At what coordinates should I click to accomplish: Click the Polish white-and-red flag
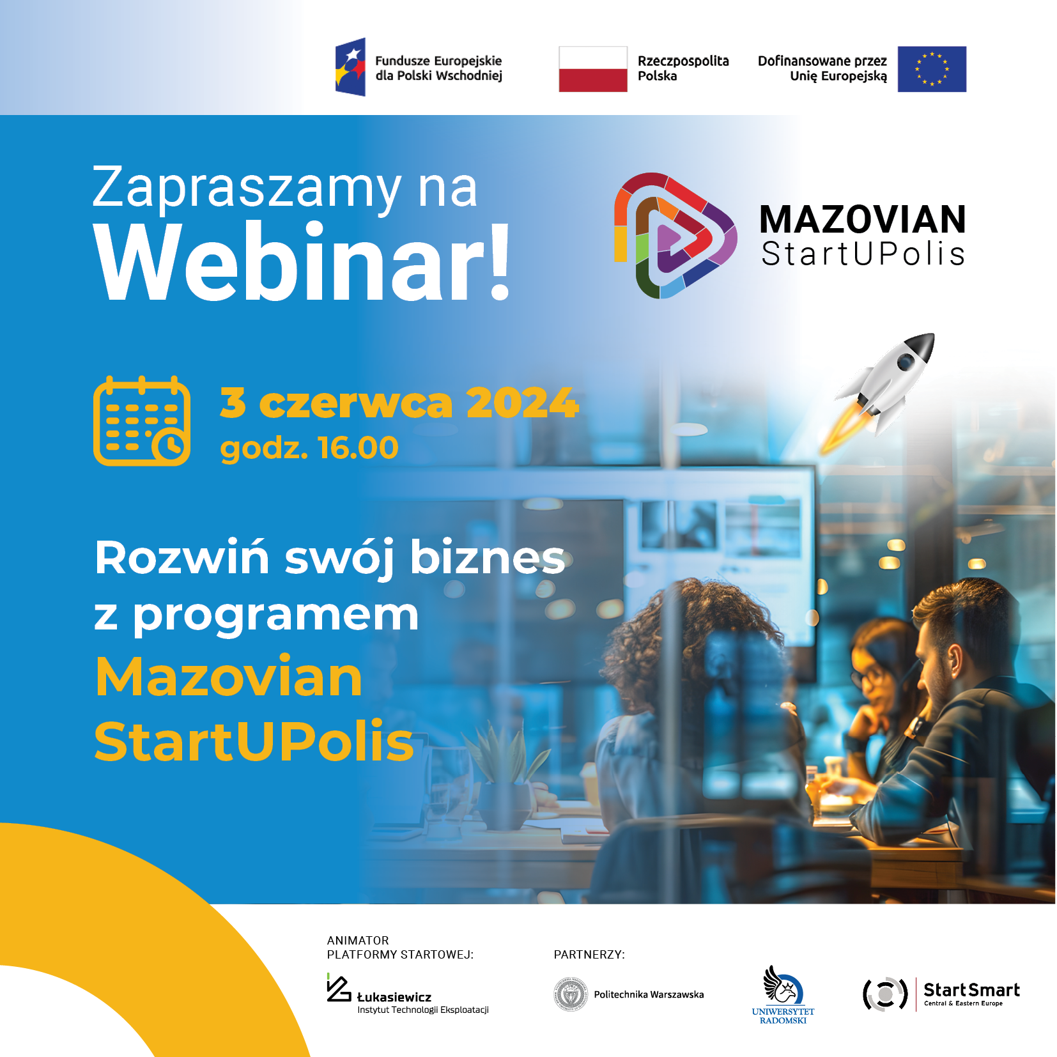(x=593, y=69)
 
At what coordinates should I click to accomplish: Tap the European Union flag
(x=932, y=69)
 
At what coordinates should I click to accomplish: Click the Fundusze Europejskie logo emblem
(x=350, y=67)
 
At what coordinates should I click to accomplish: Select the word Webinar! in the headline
(x=302, y=262)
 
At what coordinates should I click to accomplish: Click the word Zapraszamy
(x=247, y=188)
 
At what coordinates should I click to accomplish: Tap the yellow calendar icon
(x=142, y=420)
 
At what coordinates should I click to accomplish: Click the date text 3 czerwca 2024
(x=399, y=403)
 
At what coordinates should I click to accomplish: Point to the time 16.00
(x=358, y=447)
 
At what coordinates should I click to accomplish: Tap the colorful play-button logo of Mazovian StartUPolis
(x=675, y=236)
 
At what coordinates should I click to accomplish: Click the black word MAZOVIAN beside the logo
(x=863, y=220)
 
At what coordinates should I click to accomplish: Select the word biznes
(x=488, y=557)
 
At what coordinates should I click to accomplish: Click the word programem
(x=275, y=617)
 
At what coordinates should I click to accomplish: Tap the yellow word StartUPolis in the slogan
(x=254, y=741)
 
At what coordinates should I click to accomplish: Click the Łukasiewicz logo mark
(x=339, y=988)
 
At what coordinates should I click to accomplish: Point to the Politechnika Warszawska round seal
(x=570, y=994)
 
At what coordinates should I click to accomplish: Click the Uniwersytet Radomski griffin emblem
(x=783, y=985)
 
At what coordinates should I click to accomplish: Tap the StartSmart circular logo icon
(x=885, y=994)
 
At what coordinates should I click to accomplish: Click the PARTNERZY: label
(x=589, y=955)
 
